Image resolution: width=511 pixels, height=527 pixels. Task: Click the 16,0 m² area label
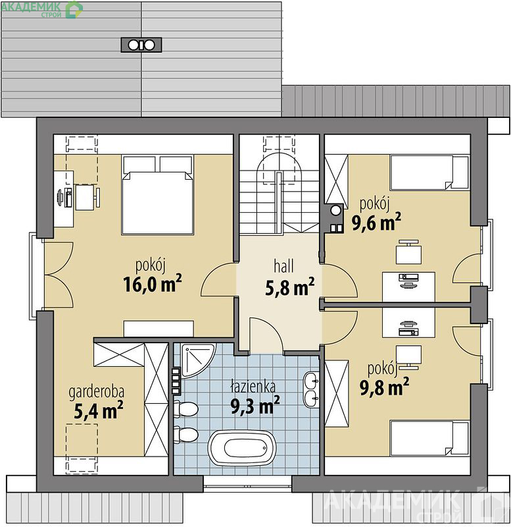tap(153, 284)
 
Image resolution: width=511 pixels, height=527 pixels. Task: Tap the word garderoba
tap(96, 392)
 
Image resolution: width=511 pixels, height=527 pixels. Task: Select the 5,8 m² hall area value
tap(289, 287)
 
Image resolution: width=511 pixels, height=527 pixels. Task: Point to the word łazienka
tap(253, 387)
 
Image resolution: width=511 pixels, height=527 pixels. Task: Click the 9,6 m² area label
tap(376, 222)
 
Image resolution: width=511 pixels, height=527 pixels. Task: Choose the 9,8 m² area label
tap(384, 387)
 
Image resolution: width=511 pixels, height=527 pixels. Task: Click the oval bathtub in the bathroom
tap(242, 448)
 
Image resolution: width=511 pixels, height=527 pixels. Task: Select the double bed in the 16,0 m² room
tap(158, 194)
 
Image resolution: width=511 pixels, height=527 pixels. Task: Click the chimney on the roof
tap(141, 45)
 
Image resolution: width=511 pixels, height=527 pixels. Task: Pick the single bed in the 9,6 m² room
tap(429, 173)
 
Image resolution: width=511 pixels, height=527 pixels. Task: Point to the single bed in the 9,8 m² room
tap(429, 437)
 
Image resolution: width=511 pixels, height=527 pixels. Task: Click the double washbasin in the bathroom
tap(311, 390)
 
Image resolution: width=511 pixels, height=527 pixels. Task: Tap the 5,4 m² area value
tap(98, 410)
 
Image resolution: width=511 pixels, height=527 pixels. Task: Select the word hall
tap(284, 266)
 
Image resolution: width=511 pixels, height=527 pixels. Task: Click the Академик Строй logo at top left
tap(42, 9)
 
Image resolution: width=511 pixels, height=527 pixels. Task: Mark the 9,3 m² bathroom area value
tap(255, 405)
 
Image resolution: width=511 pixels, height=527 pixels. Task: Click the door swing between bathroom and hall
tap(266, 335)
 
